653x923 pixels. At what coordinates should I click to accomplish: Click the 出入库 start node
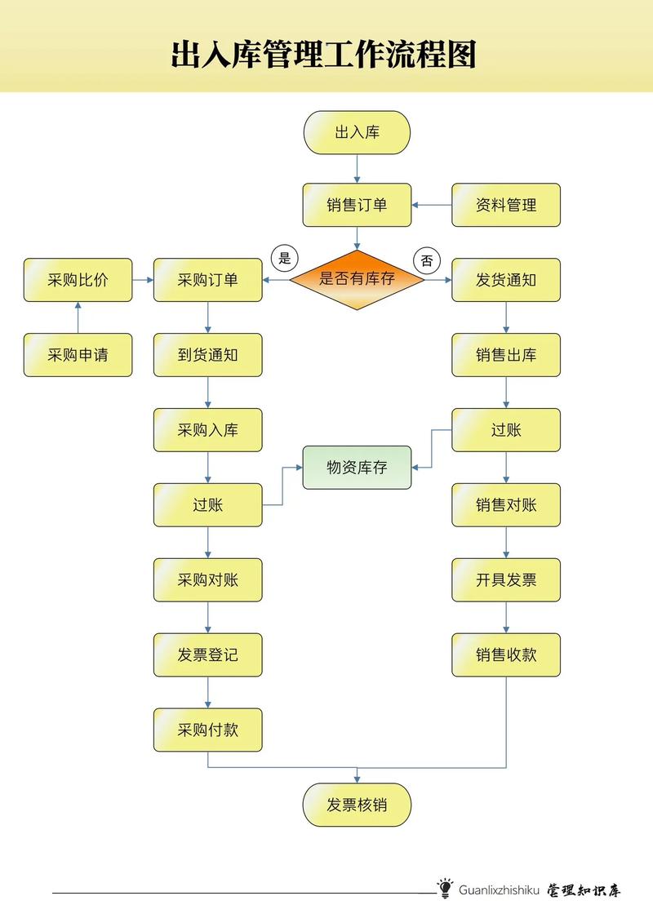357,132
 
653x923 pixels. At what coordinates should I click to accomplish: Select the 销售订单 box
357,205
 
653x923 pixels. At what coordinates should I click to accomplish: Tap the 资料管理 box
506,205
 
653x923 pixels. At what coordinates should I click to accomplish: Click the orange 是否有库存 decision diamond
357,279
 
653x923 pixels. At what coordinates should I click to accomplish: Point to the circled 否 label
427,261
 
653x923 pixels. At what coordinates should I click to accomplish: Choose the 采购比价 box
78,280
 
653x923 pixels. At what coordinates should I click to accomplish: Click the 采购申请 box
78,355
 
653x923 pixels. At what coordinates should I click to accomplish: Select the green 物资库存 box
357,468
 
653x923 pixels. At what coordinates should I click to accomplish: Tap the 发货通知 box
506,280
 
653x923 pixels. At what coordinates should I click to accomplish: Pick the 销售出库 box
506,355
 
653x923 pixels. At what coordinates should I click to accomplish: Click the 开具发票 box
506,580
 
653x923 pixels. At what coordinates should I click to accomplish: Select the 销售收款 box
506,655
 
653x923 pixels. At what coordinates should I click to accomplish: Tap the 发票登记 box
207,655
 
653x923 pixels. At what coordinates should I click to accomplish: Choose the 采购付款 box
207,730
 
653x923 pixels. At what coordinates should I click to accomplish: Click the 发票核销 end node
357,805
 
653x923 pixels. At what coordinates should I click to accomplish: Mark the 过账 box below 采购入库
207,505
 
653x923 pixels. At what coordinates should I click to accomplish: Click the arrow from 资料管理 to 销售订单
432,205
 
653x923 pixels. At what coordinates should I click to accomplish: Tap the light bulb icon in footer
445,889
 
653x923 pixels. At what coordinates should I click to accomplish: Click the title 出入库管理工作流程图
323,55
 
